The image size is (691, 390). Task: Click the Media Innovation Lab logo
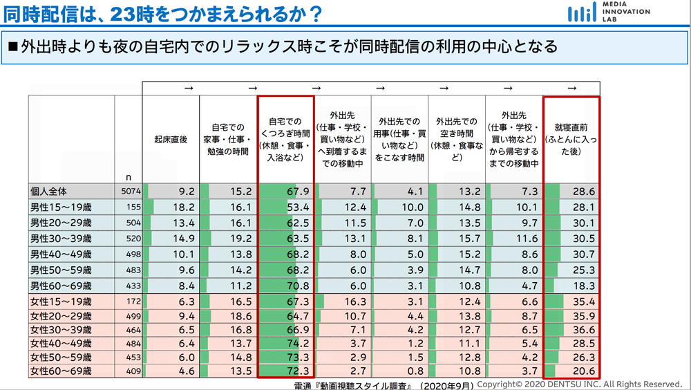click(x=608, y=12)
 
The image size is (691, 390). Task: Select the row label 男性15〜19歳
click(x=60, y=207)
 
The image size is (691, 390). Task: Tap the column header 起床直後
click(x=171, y=139)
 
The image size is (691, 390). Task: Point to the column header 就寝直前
click(x=571, y=139)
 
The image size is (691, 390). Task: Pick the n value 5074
click(x=129, y=192)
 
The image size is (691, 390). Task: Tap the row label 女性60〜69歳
click(x=60, y=371)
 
